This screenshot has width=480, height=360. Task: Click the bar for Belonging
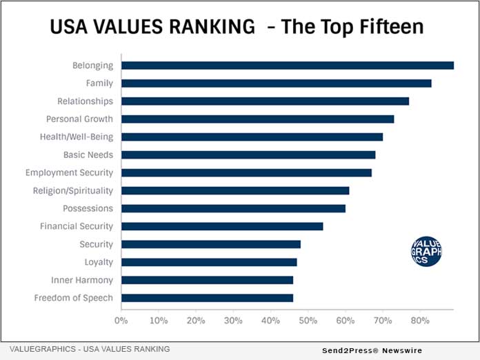(x=287, y=66)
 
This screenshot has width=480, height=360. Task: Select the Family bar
(x=276, y=83)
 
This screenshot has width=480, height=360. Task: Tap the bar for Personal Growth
(x=257, y=119)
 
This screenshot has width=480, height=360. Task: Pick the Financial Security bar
(x=222, y=226)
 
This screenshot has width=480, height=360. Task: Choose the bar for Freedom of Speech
(x=207, y=298)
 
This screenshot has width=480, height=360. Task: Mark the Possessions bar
(x=233, y=208)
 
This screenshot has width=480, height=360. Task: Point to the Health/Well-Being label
(x=77, y=137)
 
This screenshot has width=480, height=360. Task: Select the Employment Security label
(x=69, y=172)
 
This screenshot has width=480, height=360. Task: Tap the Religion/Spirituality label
(x=73, y=190)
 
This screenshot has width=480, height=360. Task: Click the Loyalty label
(x=99, y=262)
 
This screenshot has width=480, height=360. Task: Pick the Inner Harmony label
(x=82, y=280)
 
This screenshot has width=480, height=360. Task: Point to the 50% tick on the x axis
(x=308, y=321)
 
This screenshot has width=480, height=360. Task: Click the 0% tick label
(x=121, y=321)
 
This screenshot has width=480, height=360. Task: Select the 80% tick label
(x=420, y=321)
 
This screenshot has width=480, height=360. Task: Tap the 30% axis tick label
(x=233, y=321)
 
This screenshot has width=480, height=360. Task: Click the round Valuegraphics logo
(x=426, y=252)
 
